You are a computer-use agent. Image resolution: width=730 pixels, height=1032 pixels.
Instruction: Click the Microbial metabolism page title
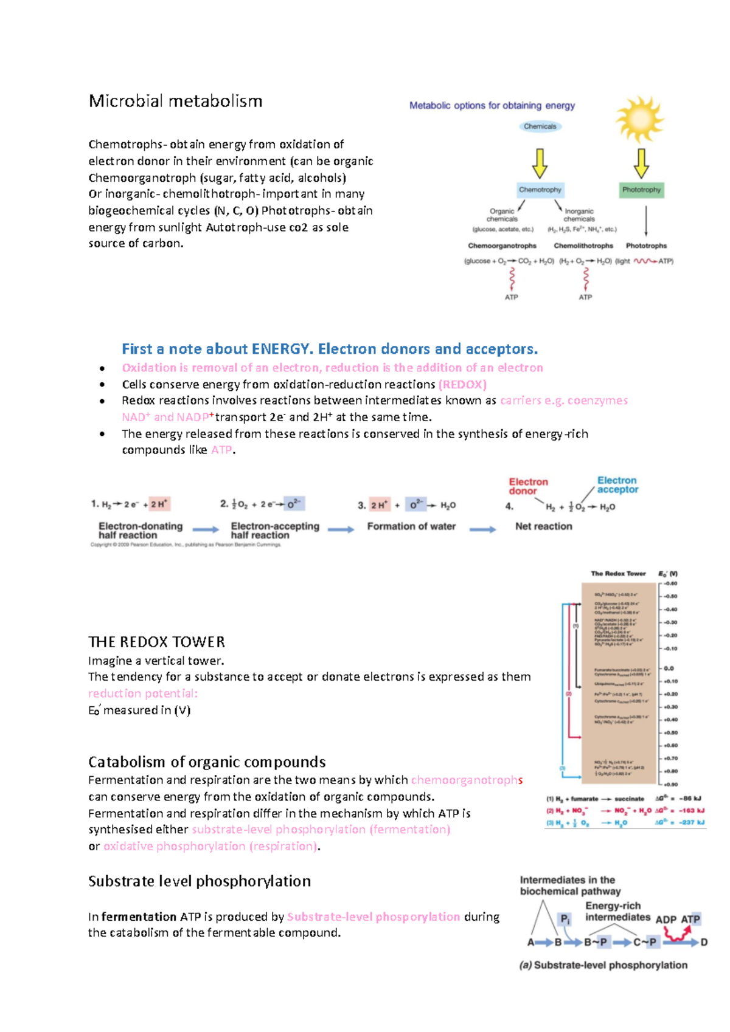(x=175, y=101)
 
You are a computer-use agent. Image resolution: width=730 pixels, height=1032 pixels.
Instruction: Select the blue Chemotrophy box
(x=540, y=190)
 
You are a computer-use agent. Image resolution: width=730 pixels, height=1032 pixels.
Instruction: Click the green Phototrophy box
(x=641, y=190)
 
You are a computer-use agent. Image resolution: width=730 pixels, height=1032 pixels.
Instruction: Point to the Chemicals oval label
(x=540, y=126)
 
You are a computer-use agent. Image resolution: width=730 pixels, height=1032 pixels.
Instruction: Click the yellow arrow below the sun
(x=641, y=162)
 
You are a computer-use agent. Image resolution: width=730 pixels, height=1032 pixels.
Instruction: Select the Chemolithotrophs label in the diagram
(x=583, y=246)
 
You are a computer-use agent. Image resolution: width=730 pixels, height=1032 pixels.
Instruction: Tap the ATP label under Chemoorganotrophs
(x=511, y=297)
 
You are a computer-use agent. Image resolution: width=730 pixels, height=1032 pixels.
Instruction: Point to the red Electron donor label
(x=528, y=486)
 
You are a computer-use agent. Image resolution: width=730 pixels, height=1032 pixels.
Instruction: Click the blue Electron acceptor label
(x=617, y=485)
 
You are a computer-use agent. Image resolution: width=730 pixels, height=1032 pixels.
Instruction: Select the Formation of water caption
(x=411, y=526)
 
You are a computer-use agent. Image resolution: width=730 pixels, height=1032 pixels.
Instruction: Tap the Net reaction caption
(x=543, y=526)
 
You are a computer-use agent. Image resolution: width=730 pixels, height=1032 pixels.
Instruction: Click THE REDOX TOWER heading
(x=156, y=642)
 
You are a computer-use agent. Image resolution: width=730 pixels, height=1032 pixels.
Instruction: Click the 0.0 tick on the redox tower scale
(x=669, y=668)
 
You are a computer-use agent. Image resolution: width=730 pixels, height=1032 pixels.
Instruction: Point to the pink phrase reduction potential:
(x=143, y=693)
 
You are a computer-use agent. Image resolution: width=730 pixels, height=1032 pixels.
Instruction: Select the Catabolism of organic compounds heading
(x=207, y=762)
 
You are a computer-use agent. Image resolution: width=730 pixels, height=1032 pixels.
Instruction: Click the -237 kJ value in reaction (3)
(x=692, y=822)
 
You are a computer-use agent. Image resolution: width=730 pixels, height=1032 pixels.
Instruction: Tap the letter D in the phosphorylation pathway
(x=704, y=942)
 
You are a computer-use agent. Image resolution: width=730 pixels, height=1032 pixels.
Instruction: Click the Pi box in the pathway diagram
(x=565, y=919)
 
